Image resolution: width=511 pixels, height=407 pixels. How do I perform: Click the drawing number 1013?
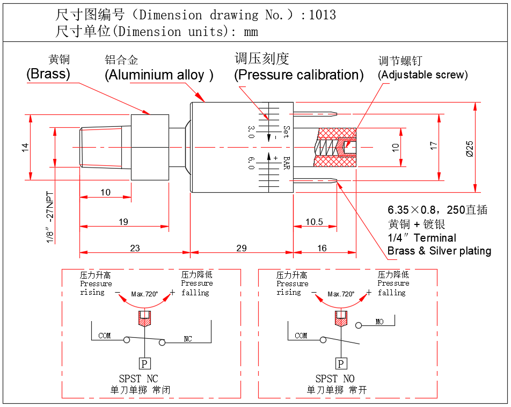pos(323,14)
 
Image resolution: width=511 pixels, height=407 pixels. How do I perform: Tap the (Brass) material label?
pos(48,74)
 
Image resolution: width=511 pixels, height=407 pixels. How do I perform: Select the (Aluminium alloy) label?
pos(159,75)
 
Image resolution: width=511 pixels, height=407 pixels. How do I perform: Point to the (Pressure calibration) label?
pos(298,75)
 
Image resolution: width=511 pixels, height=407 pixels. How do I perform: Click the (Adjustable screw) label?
pos(423,75)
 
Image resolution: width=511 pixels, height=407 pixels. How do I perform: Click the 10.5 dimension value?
pos(314,222)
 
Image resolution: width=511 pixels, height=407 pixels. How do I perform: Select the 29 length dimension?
pos(242,248)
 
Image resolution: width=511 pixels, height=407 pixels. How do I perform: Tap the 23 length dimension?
pos(135,248)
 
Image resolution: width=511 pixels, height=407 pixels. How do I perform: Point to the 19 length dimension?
pos(123,222)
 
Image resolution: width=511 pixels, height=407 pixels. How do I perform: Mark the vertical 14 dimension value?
pos(25,147)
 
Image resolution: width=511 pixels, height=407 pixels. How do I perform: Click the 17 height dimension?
pos(434,146)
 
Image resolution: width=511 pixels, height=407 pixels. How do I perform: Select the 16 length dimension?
pos(322,248)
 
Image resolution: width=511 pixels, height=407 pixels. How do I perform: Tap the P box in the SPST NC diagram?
pos(144,364)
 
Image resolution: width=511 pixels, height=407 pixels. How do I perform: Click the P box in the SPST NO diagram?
pos(341,364)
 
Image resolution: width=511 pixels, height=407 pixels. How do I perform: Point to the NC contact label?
pos(188,339)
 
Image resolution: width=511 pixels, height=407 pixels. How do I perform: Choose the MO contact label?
pos(379,322)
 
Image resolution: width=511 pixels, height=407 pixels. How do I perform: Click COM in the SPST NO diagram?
pos(301,336)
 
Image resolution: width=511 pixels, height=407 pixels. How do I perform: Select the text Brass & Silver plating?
pos(439,251)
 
